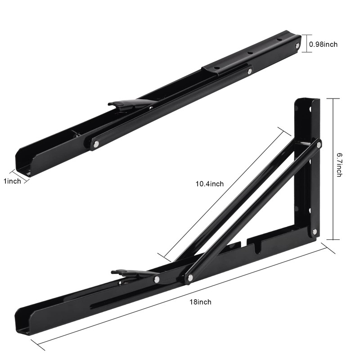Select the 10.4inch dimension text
[x=209, y=184]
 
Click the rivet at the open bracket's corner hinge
[x=315, y=231]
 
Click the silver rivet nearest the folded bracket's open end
[x=96, y=144]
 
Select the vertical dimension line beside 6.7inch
[x=333, y=169]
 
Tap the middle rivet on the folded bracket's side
[x=249, y=71]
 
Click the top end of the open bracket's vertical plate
[x=307, y=101]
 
